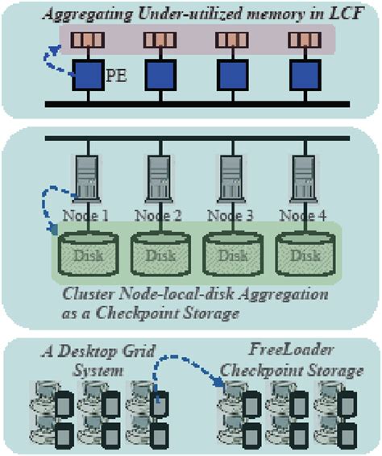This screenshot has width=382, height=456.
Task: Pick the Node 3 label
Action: click(x=230, y=215)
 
